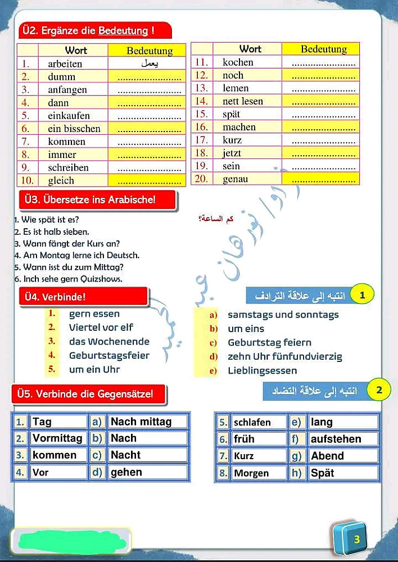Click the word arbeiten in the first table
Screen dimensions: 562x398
tap(65, 64)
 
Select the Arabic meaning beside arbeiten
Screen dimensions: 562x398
tap(150, 64)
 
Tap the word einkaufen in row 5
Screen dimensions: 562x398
tap(69, 116)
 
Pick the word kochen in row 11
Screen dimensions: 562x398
tap(238, 62)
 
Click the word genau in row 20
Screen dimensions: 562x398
tap(235, 179)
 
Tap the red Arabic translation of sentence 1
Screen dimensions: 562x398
tap(216, 219)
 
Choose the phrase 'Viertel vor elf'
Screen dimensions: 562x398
tap(101, 327)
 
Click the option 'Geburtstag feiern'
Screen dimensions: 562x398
tap(269, 342)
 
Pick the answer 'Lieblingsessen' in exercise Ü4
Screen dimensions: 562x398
tap(262, 370)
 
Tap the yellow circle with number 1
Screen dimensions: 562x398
tap(363, 294)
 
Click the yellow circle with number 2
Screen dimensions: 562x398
tap(379, 389)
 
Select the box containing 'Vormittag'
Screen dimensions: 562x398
tap(58, 438)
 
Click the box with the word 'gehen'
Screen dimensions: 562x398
tap(148, 472)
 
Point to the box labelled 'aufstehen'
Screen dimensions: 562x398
tap(343, 439)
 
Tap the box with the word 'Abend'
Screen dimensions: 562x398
tap(343, 456)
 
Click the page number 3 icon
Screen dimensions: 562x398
tap(356, 540)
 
